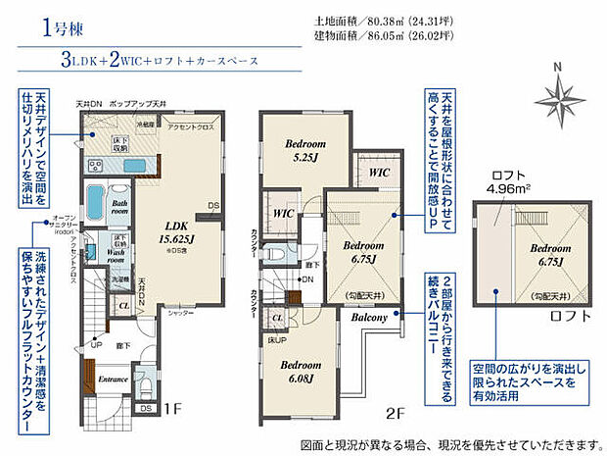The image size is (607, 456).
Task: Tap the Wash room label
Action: pyautogui.click(x=121, y=252)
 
